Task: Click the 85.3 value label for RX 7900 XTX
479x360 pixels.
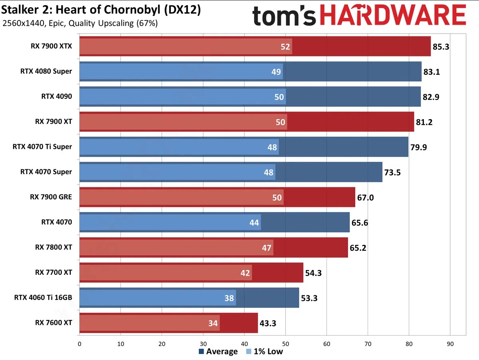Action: [441, 47]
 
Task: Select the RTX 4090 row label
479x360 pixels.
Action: [57, 96]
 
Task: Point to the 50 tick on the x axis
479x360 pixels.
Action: [285, 343]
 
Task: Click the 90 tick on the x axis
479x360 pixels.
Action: [450, 343]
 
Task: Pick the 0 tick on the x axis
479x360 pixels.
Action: [80, 343]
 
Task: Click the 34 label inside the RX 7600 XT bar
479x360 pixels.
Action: [214, 323]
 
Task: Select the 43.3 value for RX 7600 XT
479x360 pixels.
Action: [268, 323]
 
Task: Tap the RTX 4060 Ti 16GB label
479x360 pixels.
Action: [43, 297]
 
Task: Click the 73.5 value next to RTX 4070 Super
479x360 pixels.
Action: [392, 172]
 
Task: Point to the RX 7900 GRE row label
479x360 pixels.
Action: [51, 197]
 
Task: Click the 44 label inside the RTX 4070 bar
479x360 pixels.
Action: [255, 223]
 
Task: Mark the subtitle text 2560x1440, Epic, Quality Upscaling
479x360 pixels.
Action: [80, 23]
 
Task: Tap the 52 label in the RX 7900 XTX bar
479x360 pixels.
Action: [285, 47]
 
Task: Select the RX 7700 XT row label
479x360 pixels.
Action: [53, 272]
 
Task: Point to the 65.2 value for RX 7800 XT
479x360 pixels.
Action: [358, 248]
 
